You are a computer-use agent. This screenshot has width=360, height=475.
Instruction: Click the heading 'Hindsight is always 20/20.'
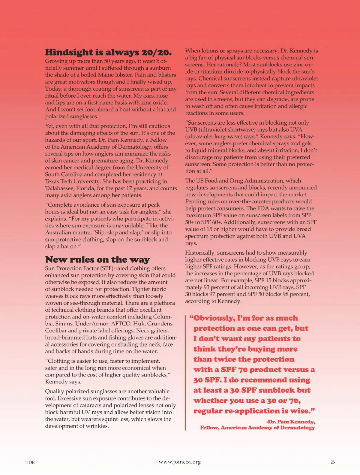tap(108, 52)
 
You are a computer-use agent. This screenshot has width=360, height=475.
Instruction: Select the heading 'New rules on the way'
tap(97, 259)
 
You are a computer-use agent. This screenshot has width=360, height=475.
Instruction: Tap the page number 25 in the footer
tap(332, 462)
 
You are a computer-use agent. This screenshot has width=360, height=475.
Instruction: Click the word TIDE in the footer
tap(29, 462)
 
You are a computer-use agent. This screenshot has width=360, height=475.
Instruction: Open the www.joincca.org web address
tap(180, 462)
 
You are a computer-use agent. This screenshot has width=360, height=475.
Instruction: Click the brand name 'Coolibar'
tap(56, 331)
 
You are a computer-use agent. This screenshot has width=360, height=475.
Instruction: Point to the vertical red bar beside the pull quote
tap(186, 372)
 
